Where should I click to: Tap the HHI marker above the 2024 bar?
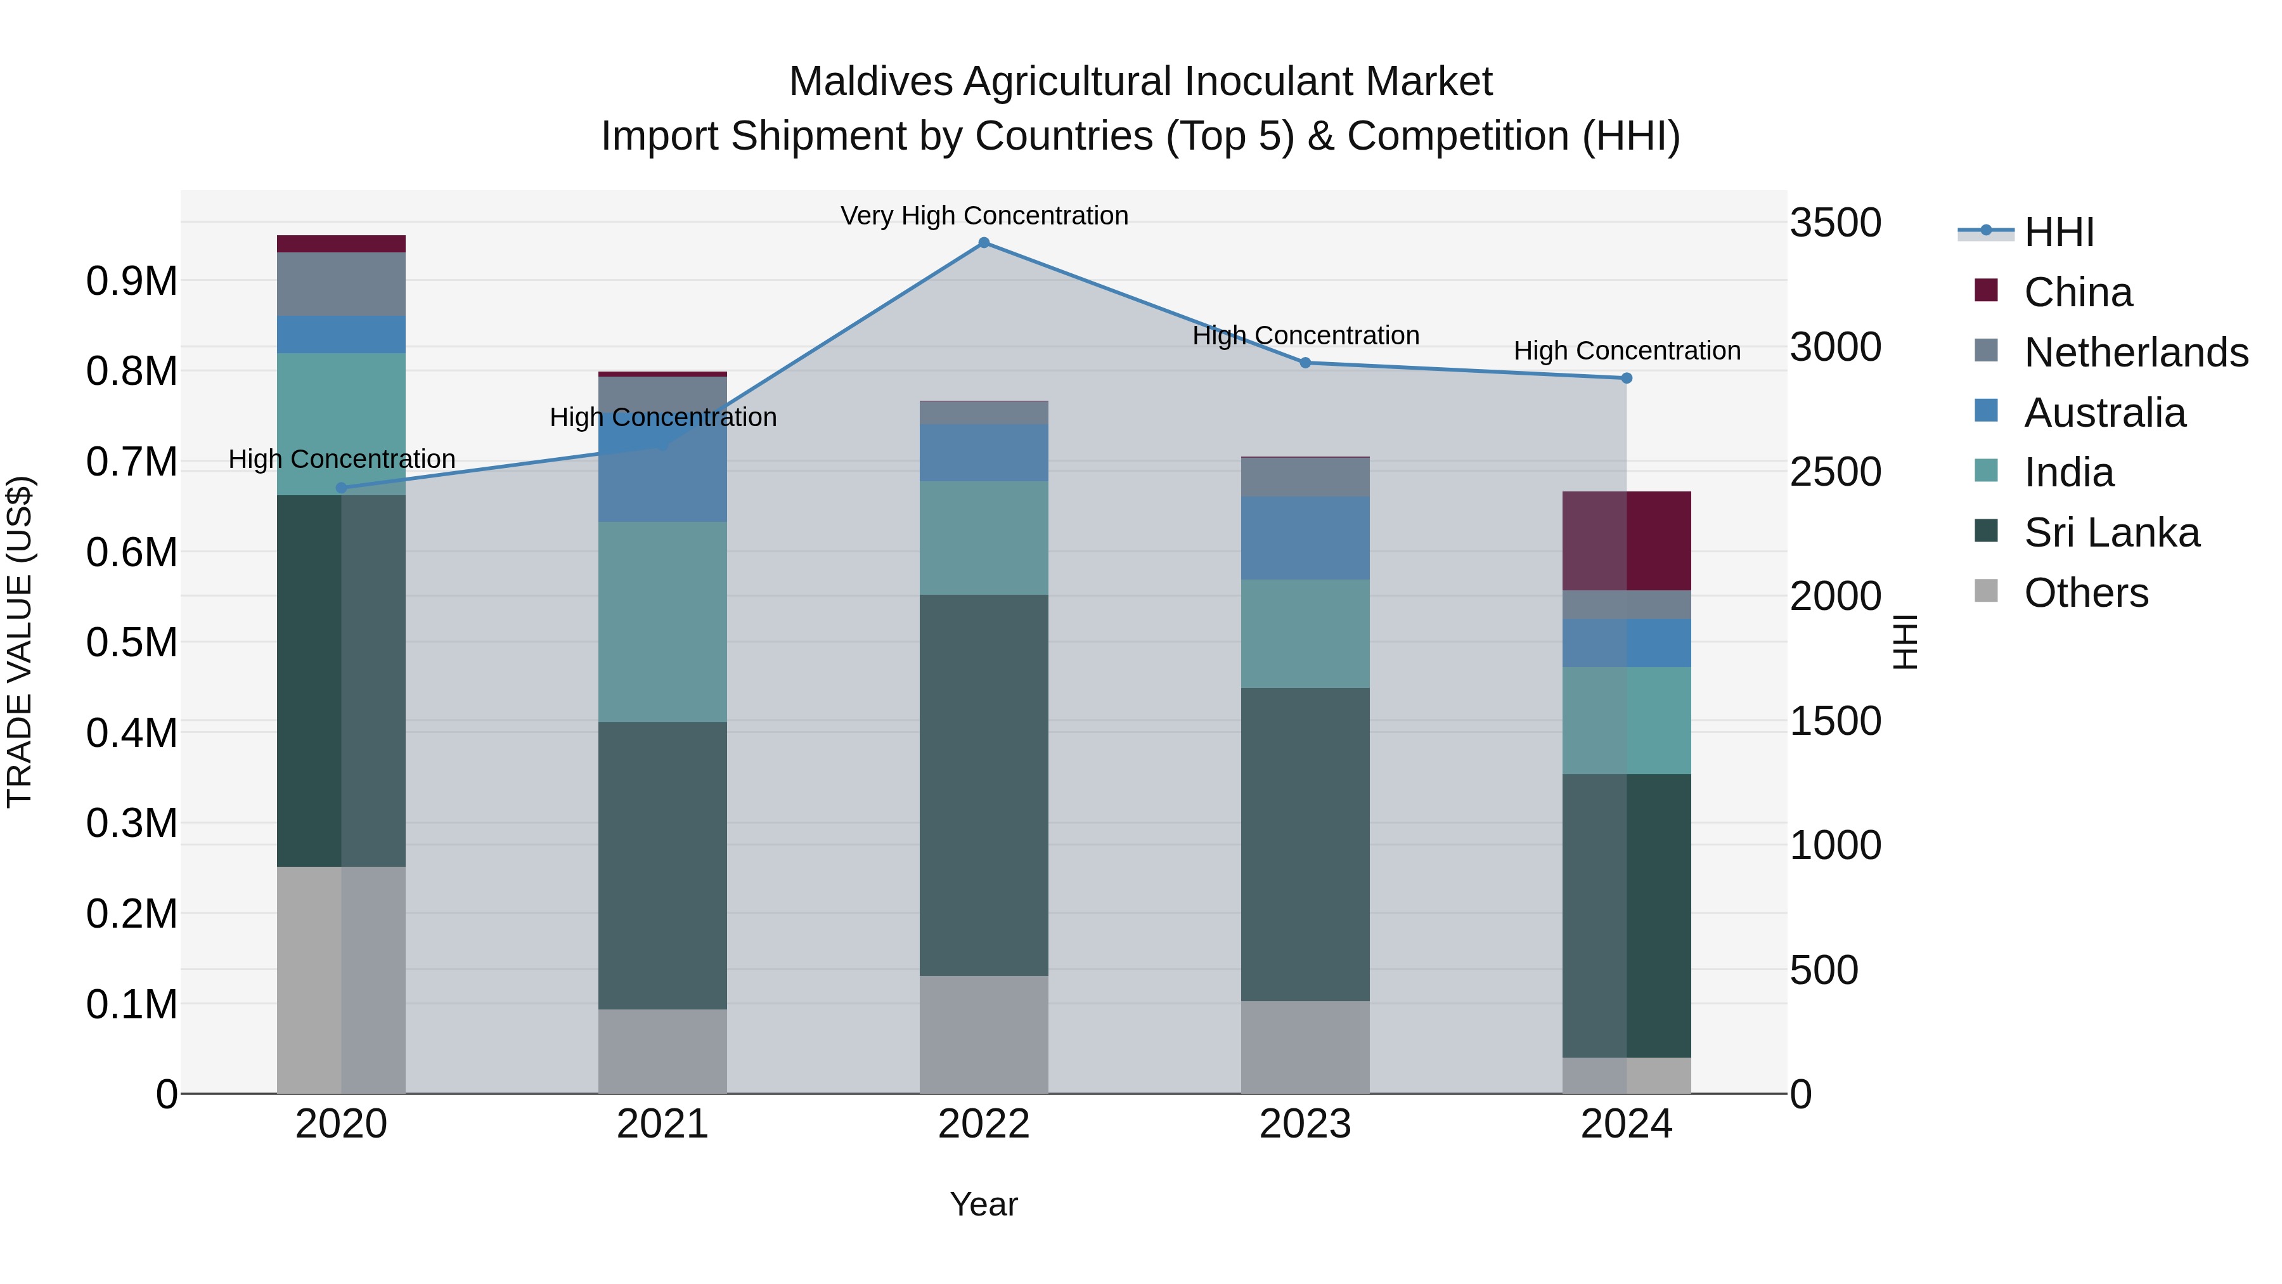(x=1627, y=379)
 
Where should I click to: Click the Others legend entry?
(x=2085, y=593)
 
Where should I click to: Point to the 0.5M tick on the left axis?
(x=132, y=642)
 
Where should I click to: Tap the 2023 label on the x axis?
(x=1305, y=1124)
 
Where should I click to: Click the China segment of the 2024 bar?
(x=1627, y=540)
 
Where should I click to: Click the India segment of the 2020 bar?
(x=341, y=424)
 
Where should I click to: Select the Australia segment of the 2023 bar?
(x=1305, y=538)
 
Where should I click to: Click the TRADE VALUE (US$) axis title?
(x=20, y=642)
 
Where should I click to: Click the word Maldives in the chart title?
(x=870, y=82)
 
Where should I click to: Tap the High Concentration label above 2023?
(x=1305, y=336)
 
